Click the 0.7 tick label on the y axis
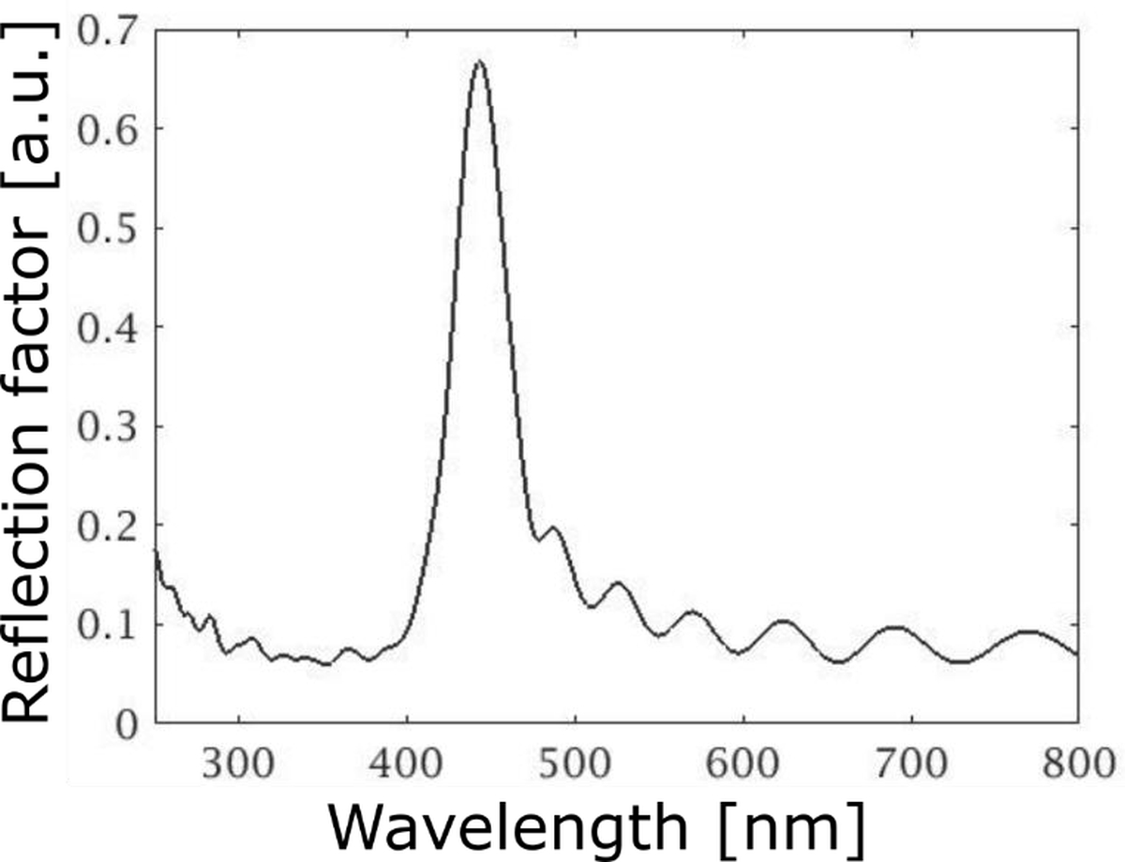coord(107,31)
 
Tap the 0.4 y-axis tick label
coord(107,328)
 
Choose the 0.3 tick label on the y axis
coord(107,427)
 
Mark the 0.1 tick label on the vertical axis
coord(107,625)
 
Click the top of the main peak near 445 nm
coord(479,62)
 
